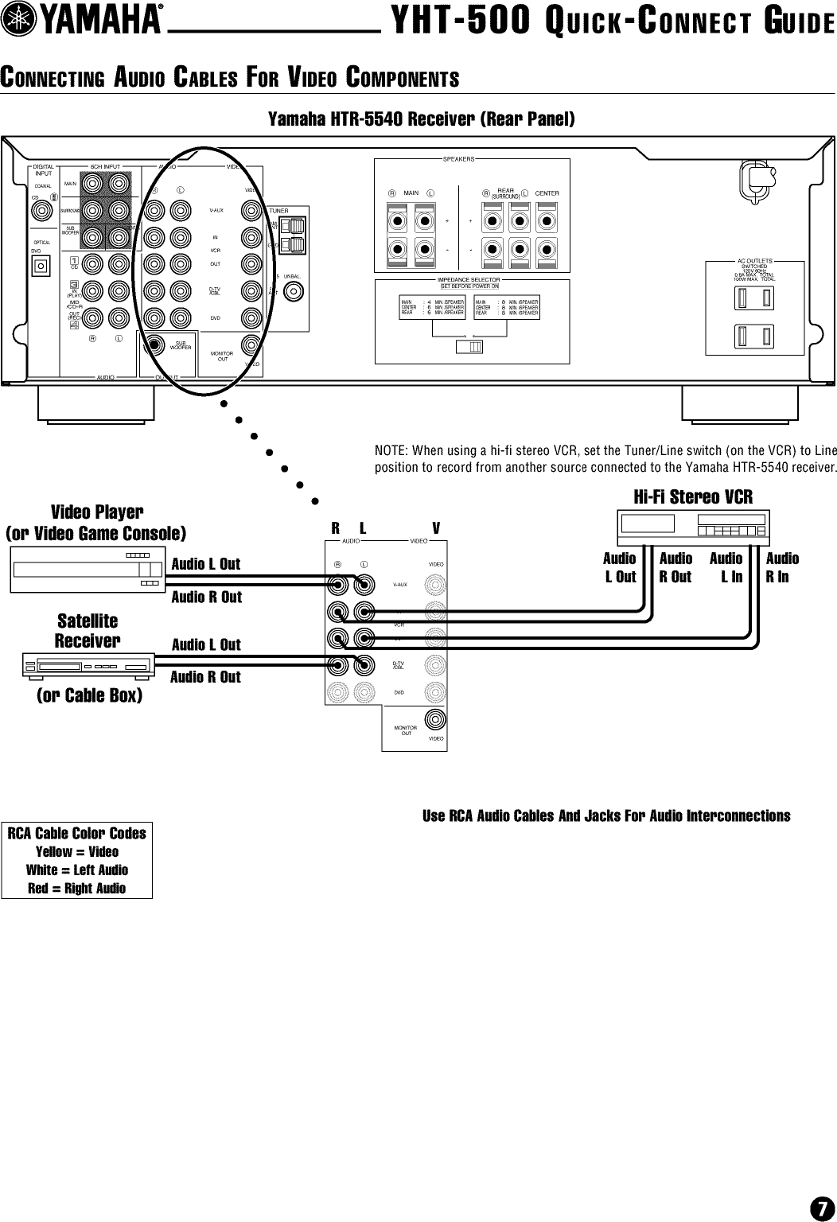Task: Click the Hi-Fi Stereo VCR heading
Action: pos(692,497)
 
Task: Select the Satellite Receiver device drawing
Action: pos(87,665)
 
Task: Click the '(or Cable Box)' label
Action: pos(90,695)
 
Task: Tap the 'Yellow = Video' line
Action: pos(77,851)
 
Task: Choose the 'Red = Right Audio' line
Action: pos(77,889)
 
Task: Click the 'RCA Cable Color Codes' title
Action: pos(77,833)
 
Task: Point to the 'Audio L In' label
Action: pos(726,567)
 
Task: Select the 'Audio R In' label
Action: pos(781,567)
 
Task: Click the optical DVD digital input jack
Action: pos(41,265)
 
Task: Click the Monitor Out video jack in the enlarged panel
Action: pos(435,719)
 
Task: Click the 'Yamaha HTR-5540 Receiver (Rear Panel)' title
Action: pos(421,120)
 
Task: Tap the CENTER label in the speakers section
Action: pos(547,193)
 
